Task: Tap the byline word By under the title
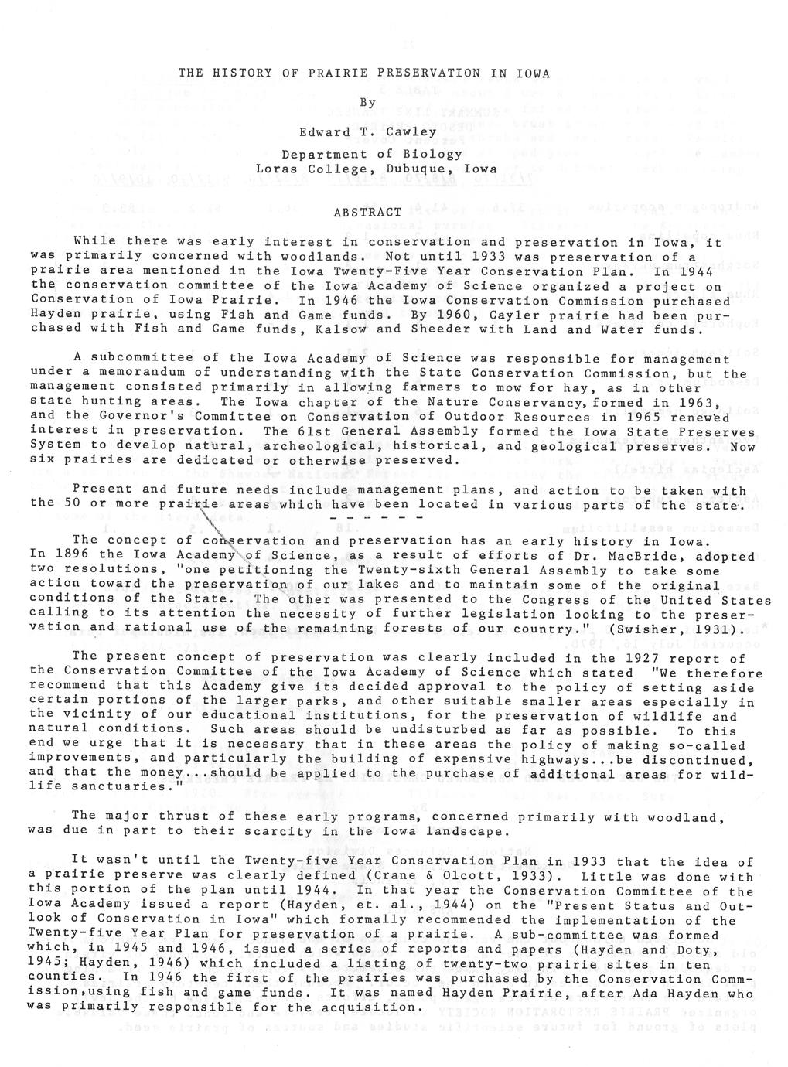click(x=368, y=103)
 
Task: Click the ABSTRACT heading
click(x=368, y=212)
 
